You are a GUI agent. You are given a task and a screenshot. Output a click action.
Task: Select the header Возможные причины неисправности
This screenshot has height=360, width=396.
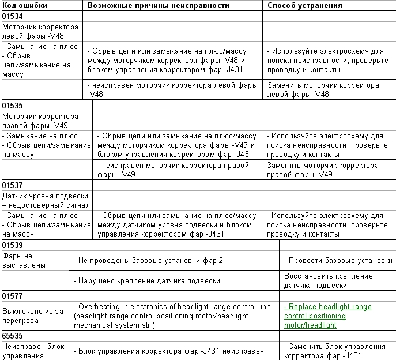point(159,5)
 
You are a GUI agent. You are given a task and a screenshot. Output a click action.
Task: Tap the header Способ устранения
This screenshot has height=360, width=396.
point(305,5)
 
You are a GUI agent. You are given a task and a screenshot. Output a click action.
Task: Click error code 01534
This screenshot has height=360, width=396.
point(13,16)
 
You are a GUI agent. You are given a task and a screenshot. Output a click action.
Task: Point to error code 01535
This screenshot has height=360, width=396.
point(13,106)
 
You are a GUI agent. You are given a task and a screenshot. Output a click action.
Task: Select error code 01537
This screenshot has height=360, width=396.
point(13,185)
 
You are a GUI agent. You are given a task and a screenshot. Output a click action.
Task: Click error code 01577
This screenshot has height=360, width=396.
point(13,296)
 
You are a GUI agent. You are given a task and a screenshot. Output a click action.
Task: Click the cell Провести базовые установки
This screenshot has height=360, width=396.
point(338,261)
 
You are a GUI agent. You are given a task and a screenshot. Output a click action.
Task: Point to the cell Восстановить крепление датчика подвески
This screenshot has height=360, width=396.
point(324,280)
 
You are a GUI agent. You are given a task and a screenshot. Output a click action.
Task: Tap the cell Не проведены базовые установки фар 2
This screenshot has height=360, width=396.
point(148,261)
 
